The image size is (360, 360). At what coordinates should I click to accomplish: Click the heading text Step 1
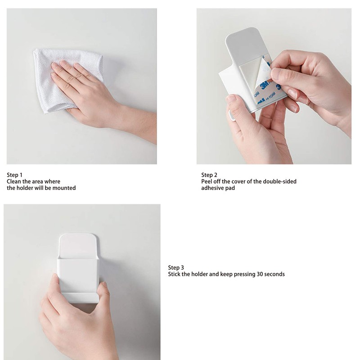(14, 175)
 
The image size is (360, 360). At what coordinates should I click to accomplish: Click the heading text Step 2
(209, 175)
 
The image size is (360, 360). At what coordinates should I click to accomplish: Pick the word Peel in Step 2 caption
(207, 182)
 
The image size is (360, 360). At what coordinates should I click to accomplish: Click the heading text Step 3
(176, 267)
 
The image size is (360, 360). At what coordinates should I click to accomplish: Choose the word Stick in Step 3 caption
(175, 274)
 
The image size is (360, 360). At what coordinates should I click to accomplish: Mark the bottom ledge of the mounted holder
(80, 297)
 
